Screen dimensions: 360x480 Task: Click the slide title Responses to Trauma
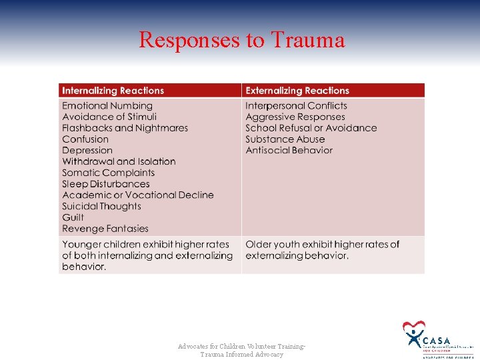point(241,40)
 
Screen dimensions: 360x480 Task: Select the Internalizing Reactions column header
point(113,91)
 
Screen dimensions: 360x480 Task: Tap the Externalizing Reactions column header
point(297,91)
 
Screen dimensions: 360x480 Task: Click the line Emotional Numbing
point(107,106)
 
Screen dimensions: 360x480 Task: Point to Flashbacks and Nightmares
point(125,128)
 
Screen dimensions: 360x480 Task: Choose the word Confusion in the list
point(85,139)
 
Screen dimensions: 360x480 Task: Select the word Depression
point(87,151)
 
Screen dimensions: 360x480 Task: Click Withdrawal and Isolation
point(119,161)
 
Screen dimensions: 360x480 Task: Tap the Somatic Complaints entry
point(108,173)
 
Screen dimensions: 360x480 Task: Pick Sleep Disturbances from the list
point(106,184)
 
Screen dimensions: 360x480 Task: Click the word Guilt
point(73,217)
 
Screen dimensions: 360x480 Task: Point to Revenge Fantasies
point(105,229)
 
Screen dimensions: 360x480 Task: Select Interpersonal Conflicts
point(296,106)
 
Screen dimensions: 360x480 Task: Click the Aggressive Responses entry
point(295,117)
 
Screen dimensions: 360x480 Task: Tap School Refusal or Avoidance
point(311,128)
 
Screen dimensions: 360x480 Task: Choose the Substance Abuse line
point(285,139)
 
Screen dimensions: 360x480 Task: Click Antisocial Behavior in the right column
point(289,151)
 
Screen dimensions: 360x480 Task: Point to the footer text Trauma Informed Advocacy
point(241,355)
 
